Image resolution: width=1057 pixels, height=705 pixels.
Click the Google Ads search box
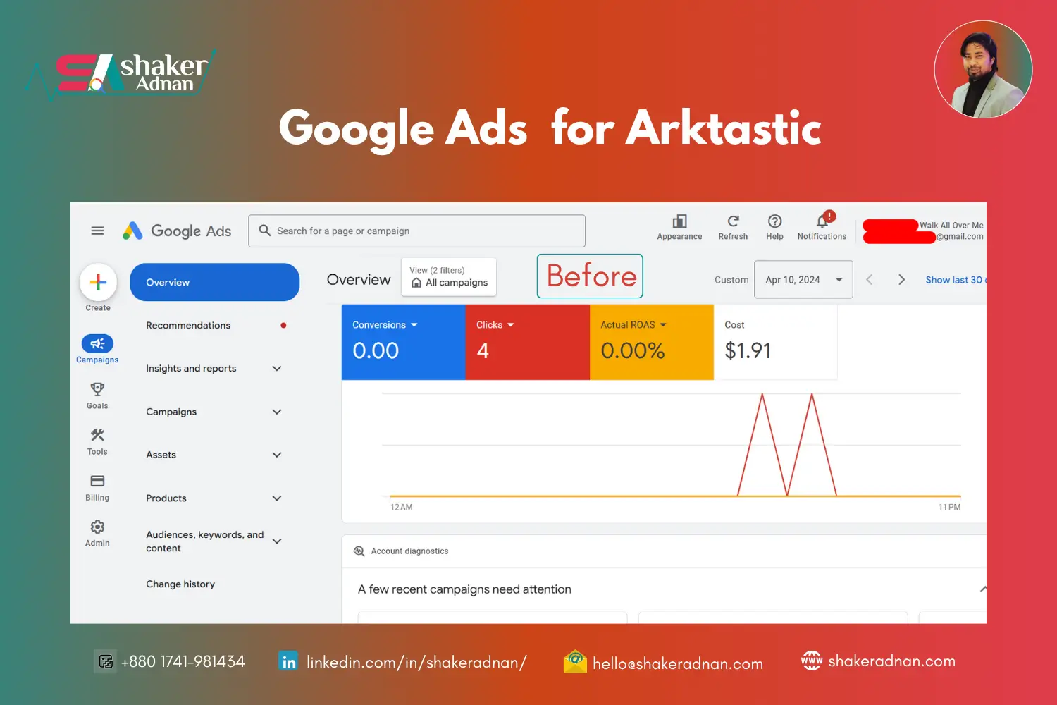point(416,231)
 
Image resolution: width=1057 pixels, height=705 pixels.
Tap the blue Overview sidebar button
point(214,282)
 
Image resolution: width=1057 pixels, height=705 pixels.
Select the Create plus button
point(98,282)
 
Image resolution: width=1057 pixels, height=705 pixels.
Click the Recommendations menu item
point(188,325)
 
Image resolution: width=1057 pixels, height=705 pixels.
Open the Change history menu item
point(180,584)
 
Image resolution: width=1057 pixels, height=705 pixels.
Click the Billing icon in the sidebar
point(97,482)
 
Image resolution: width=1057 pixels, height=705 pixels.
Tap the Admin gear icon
point(97,527)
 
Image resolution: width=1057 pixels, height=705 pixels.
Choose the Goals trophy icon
point(97,389)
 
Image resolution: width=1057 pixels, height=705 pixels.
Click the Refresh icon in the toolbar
point(733,221)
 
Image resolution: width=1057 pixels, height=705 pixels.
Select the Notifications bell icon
point(822,221)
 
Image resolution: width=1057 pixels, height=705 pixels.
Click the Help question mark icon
point(774,221)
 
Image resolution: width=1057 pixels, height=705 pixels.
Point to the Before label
point(591,276)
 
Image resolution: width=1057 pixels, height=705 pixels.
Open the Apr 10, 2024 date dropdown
point(803,280)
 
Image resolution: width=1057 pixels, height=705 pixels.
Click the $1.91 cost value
point(748,350)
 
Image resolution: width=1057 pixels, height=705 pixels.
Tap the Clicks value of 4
point(483,350)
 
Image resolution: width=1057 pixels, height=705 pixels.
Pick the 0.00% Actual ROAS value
point(632,350)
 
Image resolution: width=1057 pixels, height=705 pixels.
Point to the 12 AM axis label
point(402,507)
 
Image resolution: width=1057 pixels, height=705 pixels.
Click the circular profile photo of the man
point(983,69)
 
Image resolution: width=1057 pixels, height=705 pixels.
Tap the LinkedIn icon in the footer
point(288,662)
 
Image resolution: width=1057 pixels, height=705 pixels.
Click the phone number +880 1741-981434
point(183,661)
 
